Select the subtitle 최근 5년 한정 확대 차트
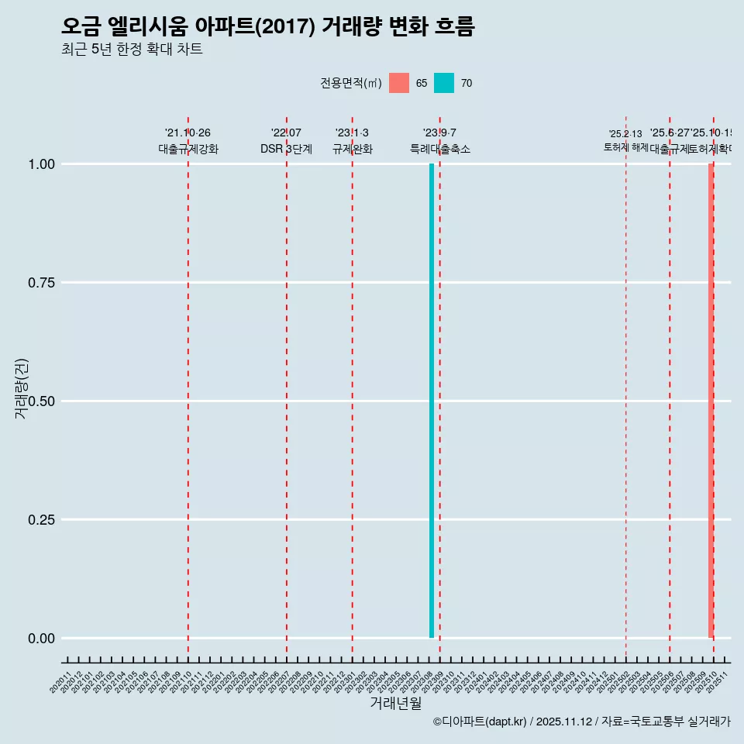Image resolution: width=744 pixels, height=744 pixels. tap(132, 50)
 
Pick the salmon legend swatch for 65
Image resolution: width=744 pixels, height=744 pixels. tap(399, 83)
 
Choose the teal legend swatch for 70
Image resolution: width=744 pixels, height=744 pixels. tap(444, 83)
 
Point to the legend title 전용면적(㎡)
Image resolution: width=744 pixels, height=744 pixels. tap(350, 83)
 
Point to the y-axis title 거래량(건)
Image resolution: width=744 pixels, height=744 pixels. tap(21, 388)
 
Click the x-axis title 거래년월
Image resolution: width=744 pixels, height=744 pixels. tap(395, 703)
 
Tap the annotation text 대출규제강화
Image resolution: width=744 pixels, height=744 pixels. tap(188, 149)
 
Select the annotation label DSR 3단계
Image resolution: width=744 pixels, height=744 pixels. tap(286, 149)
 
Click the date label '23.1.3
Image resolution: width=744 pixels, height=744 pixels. tap(352, 133)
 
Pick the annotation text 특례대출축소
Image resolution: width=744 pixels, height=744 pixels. tap(440, 149)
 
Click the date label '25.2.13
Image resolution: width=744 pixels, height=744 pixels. tap(625, 134)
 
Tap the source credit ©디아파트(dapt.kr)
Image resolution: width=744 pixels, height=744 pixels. tap(479, 722)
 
